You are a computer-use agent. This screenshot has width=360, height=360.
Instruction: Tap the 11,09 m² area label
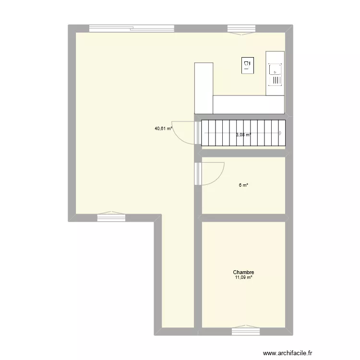244,277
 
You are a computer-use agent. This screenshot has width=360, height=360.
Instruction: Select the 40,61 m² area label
163,129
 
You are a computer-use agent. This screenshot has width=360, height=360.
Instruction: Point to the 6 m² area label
244,186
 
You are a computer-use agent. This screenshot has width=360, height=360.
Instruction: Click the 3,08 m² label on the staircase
244,135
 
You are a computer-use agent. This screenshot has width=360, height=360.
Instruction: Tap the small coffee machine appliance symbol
248,65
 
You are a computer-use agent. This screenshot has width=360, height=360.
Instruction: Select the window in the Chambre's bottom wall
246,331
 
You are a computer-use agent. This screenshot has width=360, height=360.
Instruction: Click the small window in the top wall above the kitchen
241,29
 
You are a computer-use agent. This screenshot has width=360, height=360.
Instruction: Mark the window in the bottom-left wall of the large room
111,217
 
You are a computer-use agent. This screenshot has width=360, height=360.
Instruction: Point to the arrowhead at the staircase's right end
280,133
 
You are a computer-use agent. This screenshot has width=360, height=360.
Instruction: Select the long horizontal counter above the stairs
249,103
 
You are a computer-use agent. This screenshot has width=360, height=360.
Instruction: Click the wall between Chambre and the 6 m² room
243,218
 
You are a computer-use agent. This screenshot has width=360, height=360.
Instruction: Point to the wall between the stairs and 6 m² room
243,153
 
